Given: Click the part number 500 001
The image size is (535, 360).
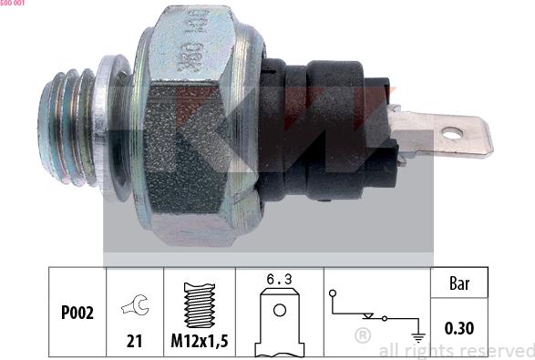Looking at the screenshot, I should pyautogui.click(x=13, y=5).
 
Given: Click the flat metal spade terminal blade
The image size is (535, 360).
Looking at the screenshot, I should pyautogui.click(x=447, y=132).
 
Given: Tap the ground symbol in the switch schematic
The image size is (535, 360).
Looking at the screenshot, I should pyautogui.click(x=417, y=334).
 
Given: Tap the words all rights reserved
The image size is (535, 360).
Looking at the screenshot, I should pyautogui.click(x=456, y=350).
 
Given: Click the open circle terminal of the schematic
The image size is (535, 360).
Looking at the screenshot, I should pyautogui.click(x=334, y=293).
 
